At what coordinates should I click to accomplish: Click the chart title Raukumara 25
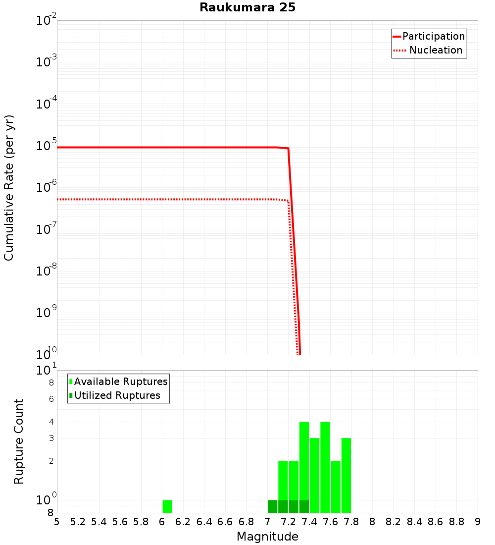pos(247,8)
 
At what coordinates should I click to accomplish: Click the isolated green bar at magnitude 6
pos(167,506)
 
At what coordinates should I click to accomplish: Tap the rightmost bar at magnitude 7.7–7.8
pos(346,476)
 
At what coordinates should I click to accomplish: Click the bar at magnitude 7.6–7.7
pos(336,487)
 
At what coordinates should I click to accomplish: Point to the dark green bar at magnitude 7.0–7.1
pos(272,506)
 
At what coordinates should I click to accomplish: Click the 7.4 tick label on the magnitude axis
pos(309,522)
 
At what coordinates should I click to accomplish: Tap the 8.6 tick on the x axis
pos(436,522)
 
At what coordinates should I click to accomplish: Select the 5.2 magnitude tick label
pos(78,522)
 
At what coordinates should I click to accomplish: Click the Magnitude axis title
pos(267,537)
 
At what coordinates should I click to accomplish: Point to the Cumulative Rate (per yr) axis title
pos(9,188)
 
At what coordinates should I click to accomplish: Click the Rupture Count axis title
pos(19,441)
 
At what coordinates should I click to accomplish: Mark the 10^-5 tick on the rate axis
pos(47,146)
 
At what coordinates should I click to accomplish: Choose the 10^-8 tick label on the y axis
pos(47,271)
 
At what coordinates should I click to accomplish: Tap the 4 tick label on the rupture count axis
pos(51,422)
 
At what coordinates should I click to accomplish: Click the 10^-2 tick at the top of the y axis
pos(47,21)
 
